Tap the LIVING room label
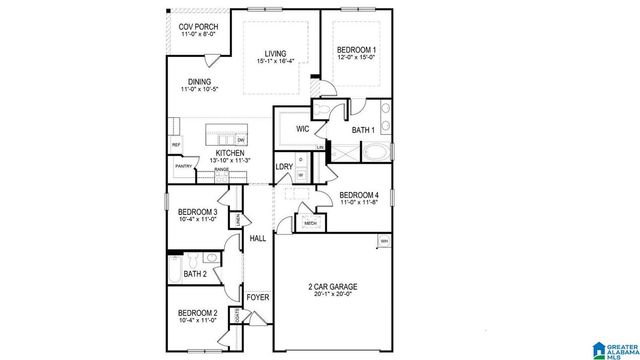pos(275,54)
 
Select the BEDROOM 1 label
pos(357,49)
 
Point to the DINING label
pos(199,83)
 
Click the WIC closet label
pos(302,129)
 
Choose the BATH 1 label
pos(363,129)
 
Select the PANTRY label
pos(183,166)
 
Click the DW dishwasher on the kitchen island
pos(240,139)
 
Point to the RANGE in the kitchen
pos(221,170)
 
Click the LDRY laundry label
pos(284,166)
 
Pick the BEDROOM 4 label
pos(358,195)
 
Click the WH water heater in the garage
pos(384,241)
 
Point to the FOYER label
pos(257,296)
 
